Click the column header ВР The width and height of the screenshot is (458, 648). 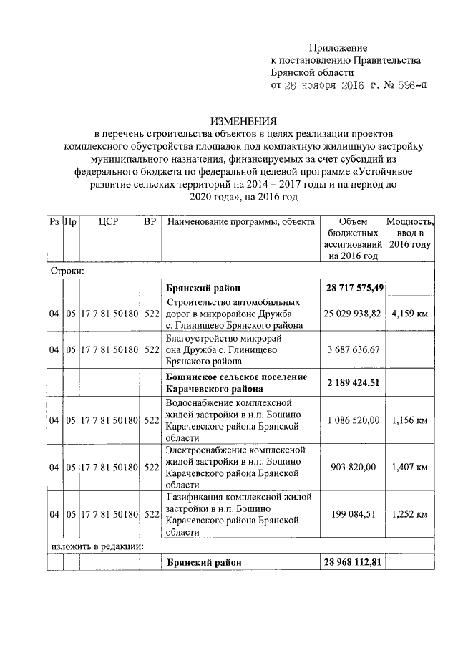point(150,223)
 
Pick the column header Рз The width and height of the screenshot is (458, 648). point(54,223)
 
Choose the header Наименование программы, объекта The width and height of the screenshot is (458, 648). point(240,223)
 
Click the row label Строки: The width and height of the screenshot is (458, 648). point(68,271)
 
